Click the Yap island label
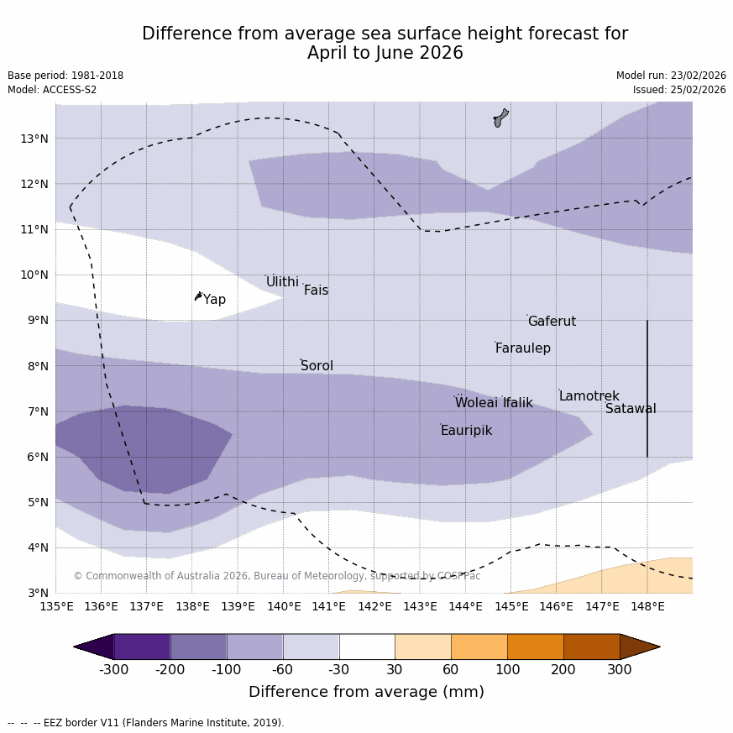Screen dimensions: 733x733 tap(214, 300)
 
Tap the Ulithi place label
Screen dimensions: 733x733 tap(282, 282)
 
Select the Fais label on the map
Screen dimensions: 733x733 tap(316, 291)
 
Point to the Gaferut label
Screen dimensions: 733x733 tap(552, 322)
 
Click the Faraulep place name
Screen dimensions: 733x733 tap(522, 348)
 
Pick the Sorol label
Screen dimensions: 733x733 tap(317, 366)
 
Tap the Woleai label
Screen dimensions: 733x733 tap(476, 403)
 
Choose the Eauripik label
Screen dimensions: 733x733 tap(466, 431)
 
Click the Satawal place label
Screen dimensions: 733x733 tap(631, 409)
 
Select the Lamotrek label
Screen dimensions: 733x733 tap(589, 396)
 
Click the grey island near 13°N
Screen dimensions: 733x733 tap(500, 118)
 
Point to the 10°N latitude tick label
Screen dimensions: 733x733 tap(34, 275)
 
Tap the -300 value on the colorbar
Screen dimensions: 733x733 tap(114, 669)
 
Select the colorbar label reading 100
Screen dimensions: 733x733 tap(507, 669)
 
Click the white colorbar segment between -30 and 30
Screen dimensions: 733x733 tap(367, 647)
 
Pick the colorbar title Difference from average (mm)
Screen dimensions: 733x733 tap(366, 692)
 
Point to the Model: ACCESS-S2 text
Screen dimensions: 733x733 tap(52, 90)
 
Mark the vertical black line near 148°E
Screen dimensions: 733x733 tap(647, 388)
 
